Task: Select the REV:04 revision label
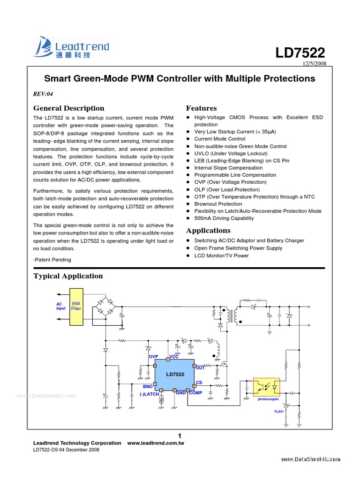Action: pyautogui.click(x=43, y=94)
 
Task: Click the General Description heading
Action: pyautogui.click(x=68, y=108)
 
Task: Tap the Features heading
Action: pyautogui.click(x=202, y=108)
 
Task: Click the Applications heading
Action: pyautogui.click(x=208, y=231)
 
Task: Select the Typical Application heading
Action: pyautogui.click(x=68, y=276)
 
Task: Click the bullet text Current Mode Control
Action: pyautogui.click(x=219, y=139)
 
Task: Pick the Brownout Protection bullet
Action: pyautogui.click(x=218, y=204)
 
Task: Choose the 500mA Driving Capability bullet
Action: pyautogui.click(x=224, y=218)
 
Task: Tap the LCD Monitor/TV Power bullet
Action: pyautogui.click(x=221, y=255)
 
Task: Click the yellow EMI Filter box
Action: pyautogui.click(x=76, y=307)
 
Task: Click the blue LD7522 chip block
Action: pyautogui.click(x=174, y=375)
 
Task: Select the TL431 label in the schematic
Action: pyautogui.click(x=279, y=411)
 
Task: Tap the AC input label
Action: pyautogui.click(x=60, y=306)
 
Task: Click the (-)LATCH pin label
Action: pyautogui.click(x=149, y=394)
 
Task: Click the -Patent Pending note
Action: pyautogui.click(x=52, y=259)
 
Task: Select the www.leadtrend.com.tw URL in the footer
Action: pyautogui.click(x=156, y=443)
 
